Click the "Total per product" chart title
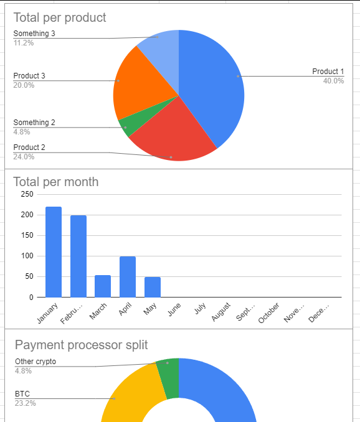point(60,18)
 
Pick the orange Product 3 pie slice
point(140,81)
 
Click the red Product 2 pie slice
point(173,134)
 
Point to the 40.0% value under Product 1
point(333,81)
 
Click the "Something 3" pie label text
point(34,34)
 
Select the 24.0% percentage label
point(24,157)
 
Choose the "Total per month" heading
point(56,182)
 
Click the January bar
point(54,252)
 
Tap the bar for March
point(103,286)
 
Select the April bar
point(128,277)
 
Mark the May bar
point(153,287)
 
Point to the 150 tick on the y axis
point(27,235)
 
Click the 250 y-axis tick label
point(27,194)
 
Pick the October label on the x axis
point(268,312)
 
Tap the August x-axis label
point(220,312)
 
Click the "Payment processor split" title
point(82,345)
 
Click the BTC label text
point(22,394)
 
